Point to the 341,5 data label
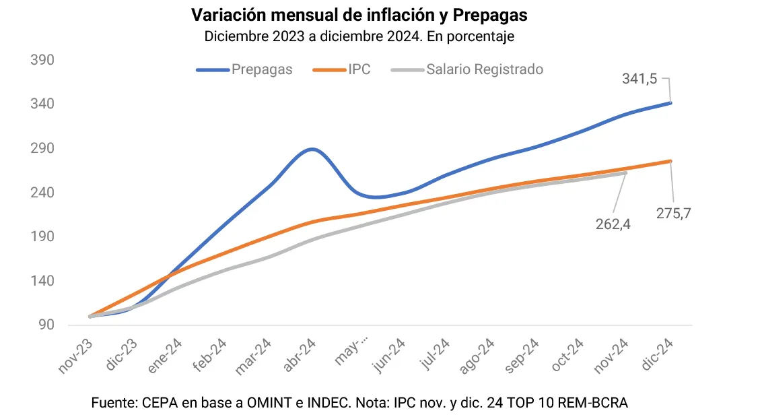pos(639,79)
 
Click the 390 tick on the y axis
pos(42,60)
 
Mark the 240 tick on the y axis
pos(42,193)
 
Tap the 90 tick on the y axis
pos(46,325)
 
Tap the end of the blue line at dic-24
pos(670,102)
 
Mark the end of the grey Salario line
pos(625,173)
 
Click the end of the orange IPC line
pos(670,161)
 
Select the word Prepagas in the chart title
pos(495,15)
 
